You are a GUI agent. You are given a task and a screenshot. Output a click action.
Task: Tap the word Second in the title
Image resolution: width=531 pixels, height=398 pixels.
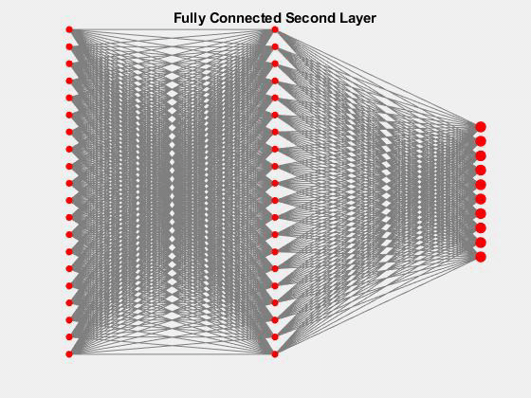click(309, 18)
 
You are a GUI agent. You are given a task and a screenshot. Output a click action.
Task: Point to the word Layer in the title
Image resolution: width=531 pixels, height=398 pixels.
click(357, 18)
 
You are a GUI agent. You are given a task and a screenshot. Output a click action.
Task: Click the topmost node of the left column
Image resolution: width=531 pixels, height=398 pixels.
click(69, 29)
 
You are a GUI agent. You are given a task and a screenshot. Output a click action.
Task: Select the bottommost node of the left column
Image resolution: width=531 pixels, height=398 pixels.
click(69, 354)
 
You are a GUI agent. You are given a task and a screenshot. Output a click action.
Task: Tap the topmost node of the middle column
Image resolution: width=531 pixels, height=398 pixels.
click(275, 29)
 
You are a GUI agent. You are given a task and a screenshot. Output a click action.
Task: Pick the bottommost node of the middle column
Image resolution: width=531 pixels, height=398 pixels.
click(275, 354)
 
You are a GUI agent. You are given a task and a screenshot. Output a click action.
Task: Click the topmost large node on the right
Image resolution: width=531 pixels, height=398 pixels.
click(481, 127)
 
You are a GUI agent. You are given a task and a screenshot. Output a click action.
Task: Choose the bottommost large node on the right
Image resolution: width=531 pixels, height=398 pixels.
click(481, 257)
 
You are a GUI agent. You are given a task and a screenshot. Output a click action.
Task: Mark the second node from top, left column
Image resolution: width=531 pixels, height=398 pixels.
click(69, 46)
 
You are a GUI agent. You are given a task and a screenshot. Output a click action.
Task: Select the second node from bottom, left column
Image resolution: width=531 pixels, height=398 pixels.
click(69, 336)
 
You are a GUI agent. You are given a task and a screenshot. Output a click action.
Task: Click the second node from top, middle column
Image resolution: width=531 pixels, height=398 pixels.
click(275, 46)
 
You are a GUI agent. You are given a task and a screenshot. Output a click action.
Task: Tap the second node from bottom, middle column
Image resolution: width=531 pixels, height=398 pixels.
click(275, 336)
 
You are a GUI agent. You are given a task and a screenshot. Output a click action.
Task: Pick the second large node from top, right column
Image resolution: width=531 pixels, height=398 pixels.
click(481, 141)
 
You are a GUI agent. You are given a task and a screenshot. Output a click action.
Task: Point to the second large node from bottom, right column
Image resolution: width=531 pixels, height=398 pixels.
click(481, 243)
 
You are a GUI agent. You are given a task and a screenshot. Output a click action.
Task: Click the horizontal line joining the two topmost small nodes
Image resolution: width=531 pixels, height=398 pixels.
click(172, 29)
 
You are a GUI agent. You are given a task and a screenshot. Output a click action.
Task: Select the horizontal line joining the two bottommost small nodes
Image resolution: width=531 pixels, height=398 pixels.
click(172, 354)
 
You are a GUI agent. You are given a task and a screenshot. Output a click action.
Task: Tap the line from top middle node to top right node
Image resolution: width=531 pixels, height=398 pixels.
click(378, 78)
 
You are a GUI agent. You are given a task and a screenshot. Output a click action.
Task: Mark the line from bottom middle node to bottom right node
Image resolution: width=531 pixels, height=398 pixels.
click(378, 305)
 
